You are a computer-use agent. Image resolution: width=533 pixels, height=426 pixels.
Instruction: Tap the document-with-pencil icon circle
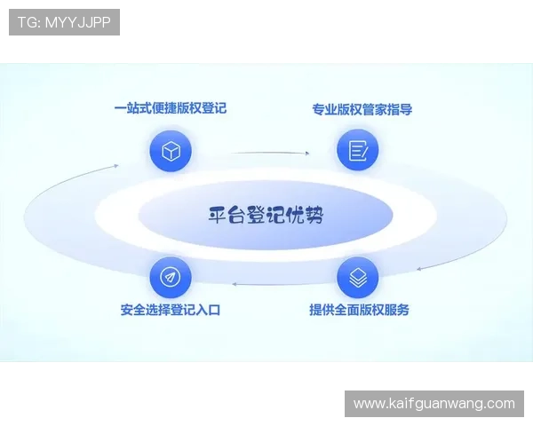tap(358, 150)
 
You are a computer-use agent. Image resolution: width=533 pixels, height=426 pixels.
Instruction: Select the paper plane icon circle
tap(171, 277)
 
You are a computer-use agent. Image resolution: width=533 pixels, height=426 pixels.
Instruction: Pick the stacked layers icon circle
tap(358, 277)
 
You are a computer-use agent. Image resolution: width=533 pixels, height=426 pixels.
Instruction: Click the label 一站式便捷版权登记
tap(171, 108)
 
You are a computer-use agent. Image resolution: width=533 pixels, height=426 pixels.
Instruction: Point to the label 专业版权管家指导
tap(362, 110)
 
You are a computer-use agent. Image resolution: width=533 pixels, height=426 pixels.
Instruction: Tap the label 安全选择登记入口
tap(170, 311)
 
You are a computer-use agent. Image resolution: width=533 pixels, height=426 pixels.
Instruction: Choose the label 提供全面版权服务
tap(359, 311)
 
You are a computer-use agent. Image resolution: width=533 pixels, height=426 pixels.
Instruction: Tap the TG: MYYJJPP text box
tap(64, 22)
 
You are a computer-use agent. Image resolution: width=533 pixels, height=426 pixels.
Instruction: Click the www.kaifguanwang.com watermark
tap(434, 404)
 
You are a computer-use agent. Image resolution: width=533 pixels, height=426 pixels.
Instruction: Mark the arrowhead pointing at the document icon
tap(307, 154)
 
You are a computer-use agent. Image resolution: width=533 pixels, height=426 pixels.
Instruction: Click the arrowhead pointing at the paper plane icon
tap(235, 283)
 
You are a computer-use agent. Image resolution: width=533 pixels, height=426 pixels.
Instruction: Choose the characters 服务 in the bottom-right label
tap(397, 311)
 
